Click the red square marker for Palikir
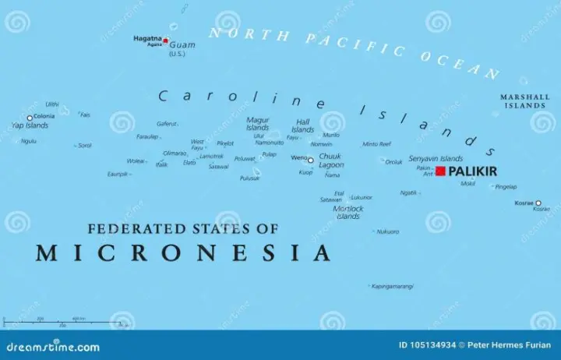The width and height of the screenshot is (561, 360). (440, 171)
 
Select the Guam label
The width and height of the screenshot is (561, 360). (183, 45)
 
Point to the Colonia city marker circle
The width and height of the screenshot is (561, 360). (30, 118)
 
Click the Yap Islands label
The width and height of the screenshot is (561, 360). (30, 125)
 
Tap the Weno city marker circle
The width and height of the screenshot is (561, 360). (310, 161)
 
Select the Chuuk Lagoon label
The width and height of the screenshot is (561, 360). (331, 161)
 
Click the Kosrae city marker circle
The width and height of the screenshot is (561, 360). (538, 203)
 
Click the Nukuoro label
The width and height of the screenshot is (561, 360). (388, 231)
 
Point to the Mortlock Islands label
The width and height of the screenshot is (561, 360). (348, 212)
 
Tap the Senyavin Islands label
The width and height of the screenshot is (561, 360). (436, 159)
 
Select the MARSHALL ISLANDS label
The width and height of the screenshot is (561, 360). (524, 101)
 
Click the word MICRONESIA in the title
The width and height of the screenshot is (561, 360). (183, 253)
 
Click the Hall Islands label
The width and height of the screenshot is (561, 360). (302, 125)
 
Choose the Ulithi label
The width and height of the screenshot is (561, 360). (52, 104)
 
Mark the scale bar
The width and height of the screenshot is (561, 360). (55, 321)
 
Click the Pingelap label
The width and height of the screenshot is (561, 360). (506, 187)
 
